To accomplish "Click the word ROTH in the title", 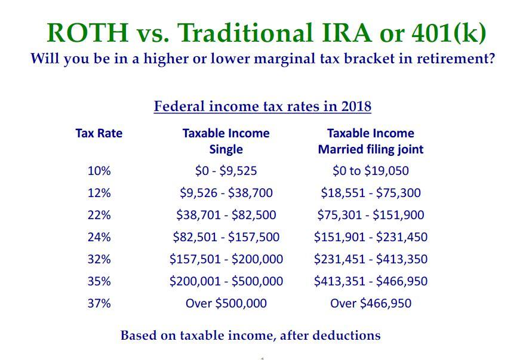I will tap(87, 32).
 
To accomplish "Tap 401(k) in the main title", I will tap(448, 32).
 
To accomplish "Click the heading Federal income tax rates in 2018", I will tap(262, 107).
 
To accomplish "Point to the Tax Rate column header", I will tap(99, 133).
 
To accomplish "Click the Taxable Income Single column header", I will tap(226, 141).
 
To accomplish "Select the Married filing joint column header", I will tap(370, 149).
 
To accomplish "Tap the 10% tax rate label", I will tap(99, 171).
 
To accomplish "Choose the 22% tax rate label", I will tap(99, 215).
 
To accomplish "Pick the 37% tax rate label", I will tap(99, 303).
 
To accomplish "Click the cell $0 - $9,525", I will tap(226, 171).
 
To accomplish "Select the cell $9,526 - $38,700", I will tap(226, 193).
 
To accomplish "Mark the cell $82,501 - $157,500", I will tap(226, 237).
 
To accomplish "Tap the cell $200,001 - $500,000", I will tap(226, 281).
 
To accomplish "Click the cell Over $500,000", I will tap(226, 303).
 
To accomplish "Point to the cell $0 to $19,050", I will tap(370, 171).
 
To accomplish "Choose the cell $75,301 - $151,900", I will tap(370, 215).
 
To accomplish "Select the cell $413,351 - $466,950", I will tap(370, 281).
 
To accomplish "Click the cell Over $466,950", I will tap(370, 303).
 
